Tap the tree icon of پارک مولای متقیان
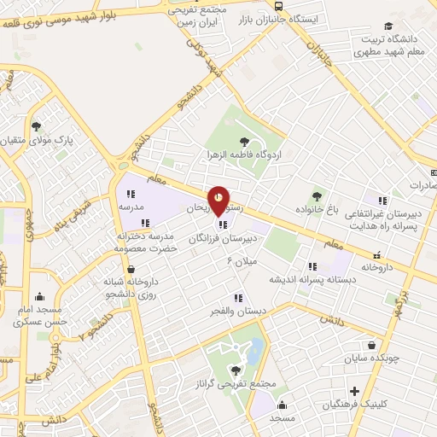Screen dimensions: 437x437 coord(37,127)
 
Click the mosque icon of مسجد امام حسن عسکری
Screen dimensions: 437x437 coord(18,325)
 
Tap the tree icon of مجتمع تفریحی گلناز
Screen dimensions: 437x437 coord(235,370)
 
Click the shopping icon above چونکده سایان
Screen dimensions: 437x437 coord(372,346)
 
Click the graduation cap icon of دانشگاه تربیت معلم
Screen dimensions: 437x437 coord(389,26)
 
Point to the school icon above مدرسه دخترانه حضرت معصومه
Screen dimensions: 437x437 coord(145,223)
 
